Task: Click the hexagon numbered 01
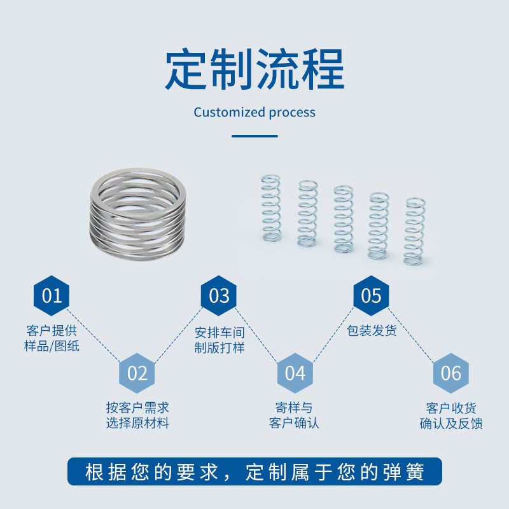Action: pyautogui.click(x=52, y=296)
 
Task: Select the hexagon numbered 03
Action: pyautogui.click(x=219, y=296)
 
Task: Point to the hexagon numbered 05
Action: pyautogui.click(x=371, y=296)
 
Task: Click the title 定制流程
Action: pyautogui.click(x=254, y=69)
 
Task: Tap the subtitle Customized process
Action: pyautogui.click(x=254, y=113)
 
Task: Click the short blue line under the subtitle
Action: pyautogui.click(x=254, y=136)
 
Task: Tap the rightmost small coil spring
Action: pyautogui.click(x=414, y=230)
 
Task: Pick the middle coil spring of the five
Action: pyautogui.click(x=343, y=218)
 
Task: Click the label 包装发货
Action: pyautogui.click(x=372, y=331)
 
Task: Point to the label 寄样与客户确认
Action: pyautogui.click(x=294, y=415)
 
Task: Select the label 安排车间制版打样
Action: pyautogui.click(x=219, y=340)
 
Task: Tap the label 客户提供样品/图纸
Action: pyautogui.click(x=52, y=338)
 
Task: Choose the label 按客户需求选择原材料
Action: pyautogui.click(x=137, y=415)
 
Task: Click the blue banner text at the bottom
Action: pyautogui.click(x=254, y=472)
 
